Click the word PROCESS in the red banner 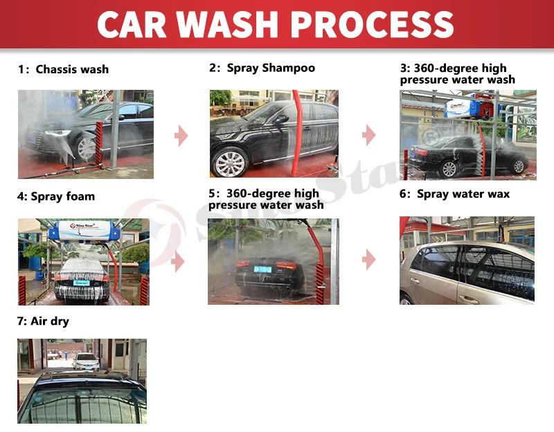pyautogui.click(x=374, y=24)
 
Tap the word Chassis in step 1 pyautogui.click(x=53, y=69)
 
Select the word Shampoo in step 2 pyautogui.click(x=289, y=68)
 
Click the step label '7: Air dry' pyautogui.click(x=43, y=321)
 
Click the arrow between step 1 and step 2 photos pyautogui.click(x=181, y=135)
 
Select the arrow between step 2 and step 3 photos pyautogui.click(x=369, y=135)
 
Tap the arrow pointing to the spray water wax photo pyautogui.click(x=369, y=260)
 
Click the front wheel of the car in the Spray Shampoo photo pyautogui.click(x=230, y=163)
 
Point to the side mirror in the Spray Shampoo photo pyautogui.click(x=280, y=119)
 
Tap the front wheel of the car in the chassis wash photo pyautogui.click(x=86, y=149)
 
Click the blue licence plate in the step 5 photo pyautogui.click(x=263, y=270)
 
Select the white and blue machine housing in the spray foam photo pyautogui.click(x=84, y=231)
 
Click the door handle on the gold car pyautogui.click(x=470, y=300)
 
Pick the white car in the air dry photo pyautogui.click(x=86, y=361)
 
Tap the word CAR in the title pyautogui.click(x=132, y=24)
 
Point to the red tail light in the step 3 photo pyautogui.click(x=421, y=152)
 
